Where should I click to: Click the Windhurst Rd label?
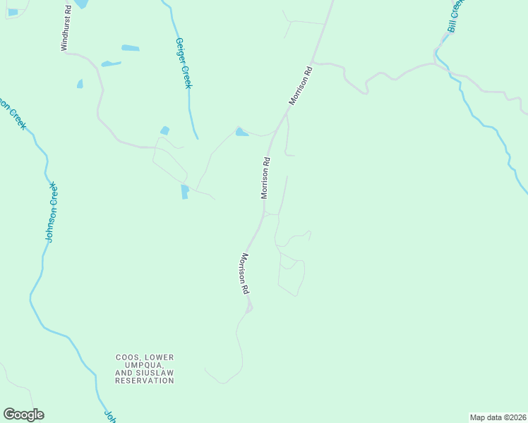point(66,29)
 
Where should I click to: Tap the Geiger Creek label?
point(184,63)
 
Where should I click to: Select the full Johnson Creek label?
point(50,212)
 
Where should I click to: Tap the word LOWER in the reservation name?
point(161,357)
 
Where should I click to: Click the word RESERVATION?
point(145,381)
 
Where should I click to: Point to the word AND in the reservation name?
point(123,373)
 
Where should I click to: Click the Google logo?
point(23,415)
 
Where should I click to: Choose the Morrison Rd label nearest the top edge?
point(299,86)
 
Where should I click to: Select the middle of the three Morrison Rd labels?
point(265,178)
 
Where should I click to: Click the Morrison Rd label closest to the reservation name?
point(244,274)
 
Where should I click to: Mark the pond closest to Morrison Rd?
point(241,132)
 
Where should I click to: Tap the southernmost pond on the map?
point(185,192)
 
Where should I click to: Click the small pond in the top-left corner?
point(13,12)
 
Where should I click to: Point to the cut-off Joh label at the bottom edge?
point(110,416)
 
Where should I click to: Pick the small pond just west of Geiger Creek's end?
point(165,130)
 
